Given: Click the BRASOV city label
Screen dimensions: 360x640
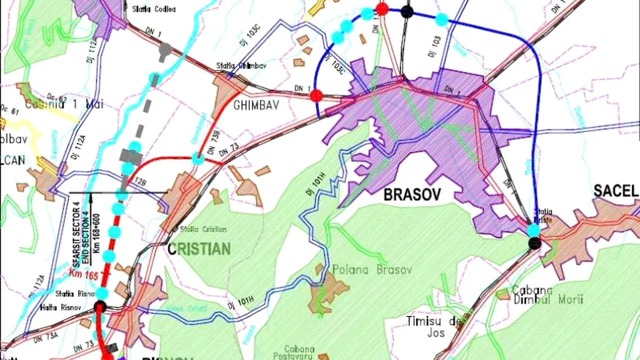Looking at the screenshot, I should click(x=412, y=195).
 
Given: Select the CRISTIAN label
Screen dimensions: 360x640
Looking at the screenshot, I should click(x=199, y=249).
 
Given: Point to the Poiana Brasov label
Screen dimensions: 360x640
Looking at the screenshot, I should click(x=372, y=270).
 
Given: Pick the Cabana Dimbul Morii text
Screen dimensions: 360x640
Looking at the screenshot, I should click(x=547, y=295).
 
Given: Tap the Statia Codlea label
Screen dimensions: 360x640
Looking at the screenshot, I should click(x=154, y=9).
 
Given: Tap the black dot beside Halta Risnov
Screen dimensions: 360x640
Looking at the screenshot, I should click(x=100, y=306).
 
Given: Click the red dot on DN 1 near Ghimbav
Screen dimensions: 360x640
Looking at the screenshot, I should click(x=316, y=95).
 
